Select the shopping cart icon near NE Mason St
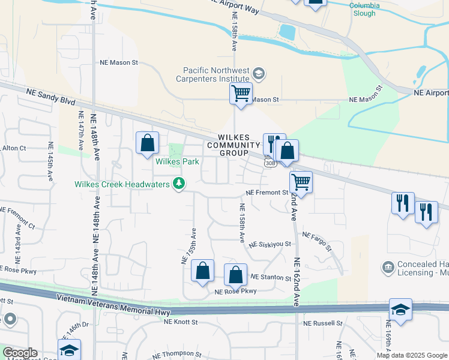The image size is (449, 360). coord(241,94)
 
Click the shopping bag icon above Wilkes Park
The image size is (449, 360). coord(147,143)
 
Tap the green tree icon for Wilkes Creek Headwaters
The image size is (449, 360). coord(178,184)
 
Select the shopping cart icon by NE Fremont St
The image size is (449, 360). coord(301,182)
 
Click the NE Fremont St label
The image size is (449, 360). coord(268,193)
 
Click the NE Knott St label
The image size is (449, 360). coord(181,322)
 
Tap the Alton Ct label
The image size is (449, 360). coord(13,148)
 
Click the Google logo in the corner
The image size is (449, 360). coord(20,353)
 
